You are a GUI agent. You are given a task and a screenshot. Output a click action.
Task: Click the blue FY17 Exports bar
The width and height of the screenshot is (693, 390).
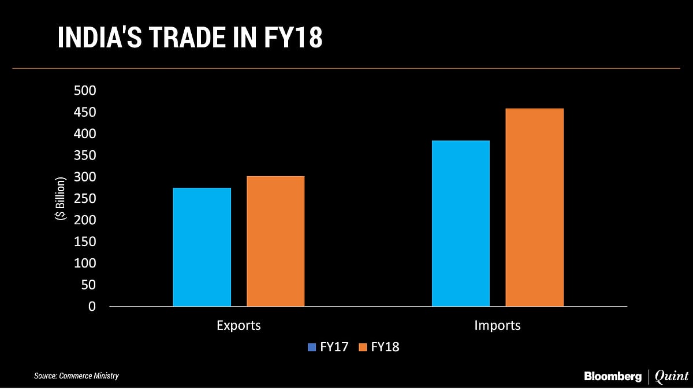pyautogui.click(x=202, y=247)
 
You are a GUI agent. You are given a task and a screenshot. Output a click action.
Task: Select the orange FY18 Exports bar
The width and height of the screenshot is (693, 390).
pyautogui.click(x=275, y=241)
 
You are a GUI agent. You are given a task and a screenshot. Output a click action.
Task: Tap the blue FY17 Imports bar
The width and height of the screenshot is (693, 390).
pyautogui.click(x=460, y=223)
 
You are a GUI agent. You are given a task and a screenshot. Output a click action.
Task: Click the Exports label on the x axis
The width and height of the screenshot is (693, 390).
pyautogui.click(x=239, y=325)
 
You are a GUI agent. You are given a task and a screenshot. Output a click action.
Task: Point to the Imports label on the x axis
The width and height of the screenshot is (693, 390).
pyautogui.click(x=497, y=325)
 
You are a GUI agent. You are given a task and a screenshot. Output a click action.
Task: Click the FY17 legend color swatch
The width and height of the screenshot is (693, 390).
pyautogui.click(x=312, y=347)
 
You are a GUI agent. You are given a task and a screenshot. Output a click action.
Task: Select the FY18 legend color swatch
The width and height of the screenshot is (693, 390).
pyautogui.click(x=363, y=347)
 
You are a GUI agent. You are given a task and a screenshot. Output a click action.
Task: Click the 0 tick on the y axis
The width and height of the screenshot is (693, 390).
pyautogui.click(x=91, y=307)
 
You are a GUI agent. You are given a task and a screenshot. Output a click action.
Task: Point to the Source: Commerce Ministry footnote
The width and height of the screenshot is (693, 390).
pyautogui.click(x=76, y=376)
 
